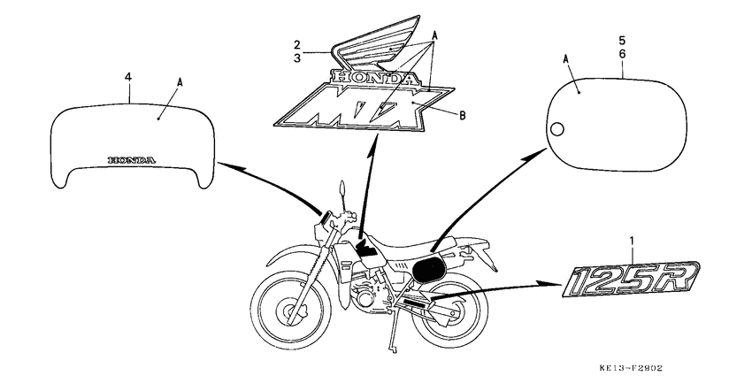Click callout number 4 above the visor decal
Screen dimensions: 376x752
coord(128,78)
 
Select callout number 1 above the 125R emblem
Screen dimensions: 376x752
coord(632,241)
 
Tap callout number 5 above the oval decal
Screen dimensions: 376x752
coord(622,41)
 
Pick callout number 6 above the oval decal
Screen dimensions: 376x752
coord(622,54)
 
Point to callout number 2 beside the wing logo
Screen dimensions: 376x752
coord(298,43)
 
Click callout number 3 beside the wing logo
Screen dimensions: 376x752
coord(298,58)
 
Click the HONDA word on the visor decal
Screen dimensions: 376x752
coord(131,160)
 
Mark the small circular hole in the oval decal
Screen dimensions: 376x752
coord(556,131)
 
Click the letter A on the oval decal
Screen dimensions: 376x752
coord(565,60)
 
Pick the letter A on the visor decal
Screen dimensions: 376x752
coord(180,81)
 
